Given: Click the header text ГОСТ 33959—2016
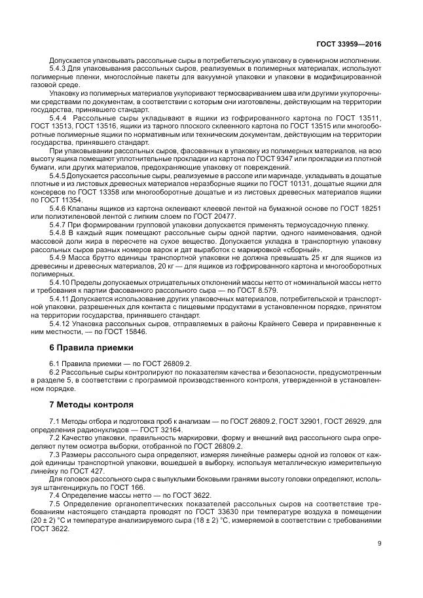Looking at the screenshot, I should coord(349,44).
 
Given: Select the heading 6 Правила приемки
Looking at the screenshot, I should coord(85,347).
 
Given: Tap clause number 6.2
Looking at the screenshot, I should coord(55,371).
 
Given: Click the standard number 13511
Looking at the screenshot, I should coord(369,117).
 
